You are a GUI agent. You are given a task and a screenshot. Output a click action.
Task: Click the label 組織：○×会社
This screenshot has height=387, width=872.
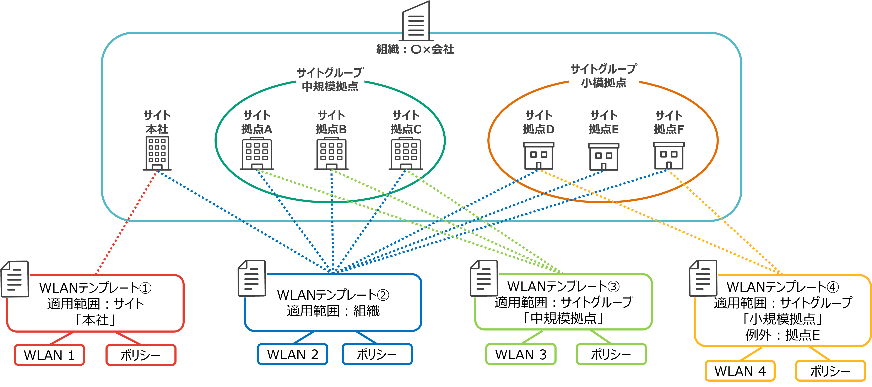[415, 49]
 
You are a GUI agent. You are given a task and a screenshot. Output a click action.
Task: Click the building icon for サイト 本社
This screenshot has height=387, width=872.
[157, 153]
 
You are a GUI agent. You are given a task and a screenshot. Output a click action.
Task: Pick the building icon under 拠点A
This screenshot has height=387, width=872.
[257, 154]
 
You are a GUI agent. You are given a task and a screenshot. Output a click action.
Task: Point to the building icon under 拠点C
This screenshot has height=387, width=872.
[406, 154]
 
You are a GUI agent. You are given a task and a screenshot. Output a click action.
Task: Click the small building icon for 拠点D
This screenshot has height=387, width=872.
[538, 156]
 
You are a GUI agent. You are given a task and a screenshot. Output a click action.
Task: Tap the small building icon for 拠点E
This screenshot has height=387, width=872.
[603, 156]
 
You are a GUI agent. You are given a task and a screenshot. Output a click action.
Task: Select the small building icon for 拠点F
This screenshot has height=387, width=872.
[668, 156]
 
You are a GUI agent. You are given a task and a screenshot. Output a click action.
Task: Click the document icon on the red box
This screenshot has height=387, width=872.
[15, 279]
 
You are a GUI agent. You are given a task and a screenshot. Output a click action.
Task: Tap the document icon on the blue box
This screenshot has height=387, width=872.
[252, 279]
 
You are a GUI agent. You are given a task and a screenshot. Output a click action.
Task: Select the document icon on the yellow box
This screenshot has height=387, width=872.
[703, 279]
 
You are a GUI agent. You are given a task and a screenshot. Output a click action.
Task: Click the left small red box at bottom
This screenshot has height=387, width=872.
[49, 355]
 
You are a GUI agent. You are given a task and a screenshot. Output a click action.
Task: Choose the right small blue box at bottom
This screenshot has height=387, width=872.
[377, 354]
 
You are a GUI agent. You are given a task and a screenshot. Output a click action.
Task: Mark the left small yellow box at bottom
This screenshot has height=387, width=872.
[740, 371]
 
